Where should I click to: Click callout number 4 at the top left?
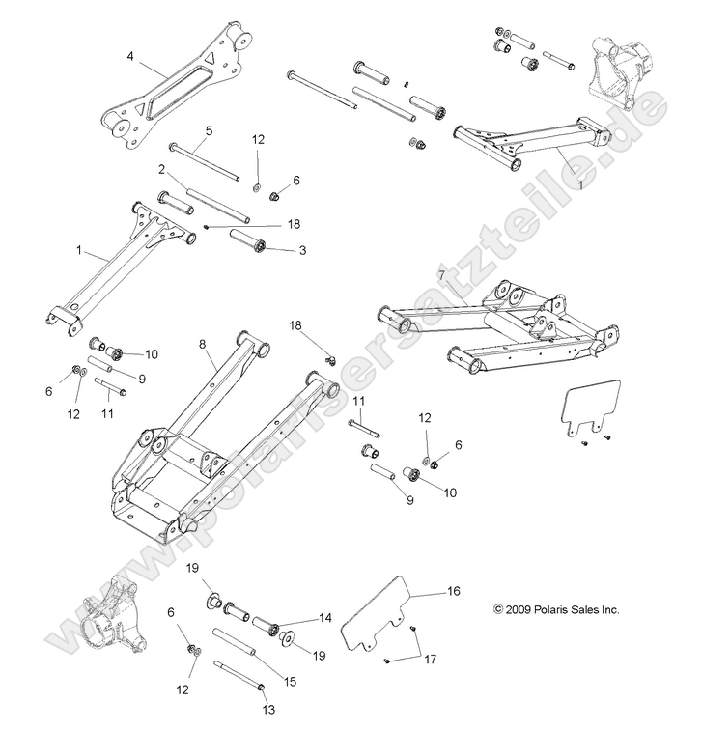[x=130, y=56]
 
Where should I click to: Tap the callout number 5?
[x=210, y=129]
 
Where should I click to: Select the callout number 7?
[x=441, y=275]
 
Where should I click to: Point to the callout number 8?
[x=202, y=343]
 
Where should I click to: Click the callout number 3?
[x=302, y=250]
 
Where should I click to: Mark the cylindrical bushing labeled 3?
[x=259, y=244]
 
